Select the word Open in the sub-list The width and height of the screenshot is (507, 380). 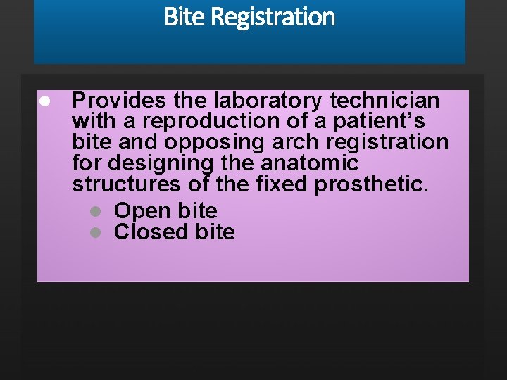click(142, 210)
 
